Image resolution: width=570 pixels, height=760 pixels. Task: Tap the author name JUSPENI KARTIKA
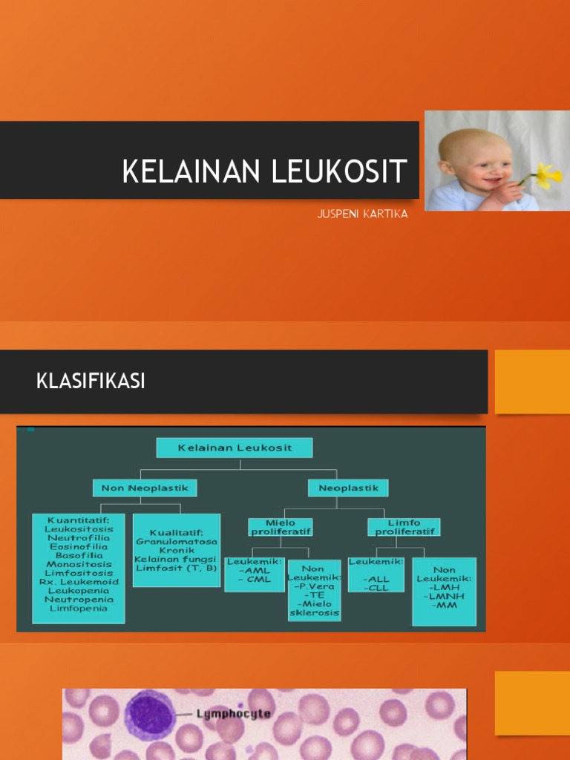click(362, 214)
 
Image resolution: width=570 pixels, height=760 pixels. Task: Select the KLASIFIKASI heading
click(91, 381)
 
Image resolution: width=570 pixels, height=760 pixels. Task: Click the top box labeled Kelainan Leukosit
click(234, 448)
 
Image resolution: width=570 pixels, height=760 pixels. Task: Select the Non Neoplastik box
click(145, 488)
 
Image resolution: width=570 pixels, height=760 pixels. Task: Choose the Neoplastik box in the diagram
click(348, 488)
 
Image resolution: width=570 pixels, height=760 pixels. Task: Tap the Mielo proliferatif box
click(280, 527)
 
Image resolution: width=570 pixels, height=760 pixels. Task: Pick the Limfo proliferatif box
click(404, 527)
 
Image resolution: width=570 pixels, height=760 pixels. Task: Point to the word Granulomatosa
click(176, 541)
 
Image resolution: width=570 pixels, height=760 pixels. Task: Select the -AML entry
click(254, 571)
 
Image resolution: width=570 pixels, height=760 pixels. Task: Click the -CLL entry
click(376, 588)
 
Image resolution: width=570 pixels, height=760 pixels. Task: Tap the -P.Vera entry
click(314, 586)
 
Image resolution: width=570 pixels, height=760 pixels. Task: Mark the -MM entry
click(444, 605)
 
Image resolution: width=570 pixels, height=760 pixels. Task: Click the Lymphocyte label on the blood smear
click(233, 715)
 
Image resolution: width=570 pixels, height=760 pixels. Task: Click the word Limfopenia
click(78, 608)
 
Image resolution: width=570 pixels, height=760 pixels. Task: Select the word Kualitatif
click(177, 531)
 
